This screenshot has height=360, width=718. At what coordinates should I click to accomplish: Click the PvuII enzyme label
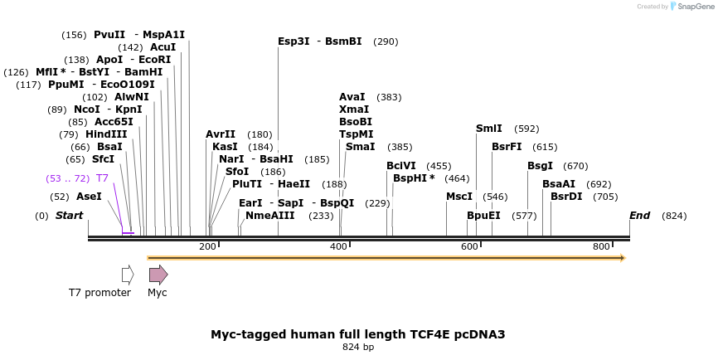(x=109, y=35)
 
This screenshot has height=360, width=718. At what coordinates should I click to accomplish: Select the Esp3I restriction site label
(x=294, y=41)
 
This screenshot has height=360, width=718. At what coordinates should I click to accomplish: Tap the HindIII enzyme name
(x=106, y=134)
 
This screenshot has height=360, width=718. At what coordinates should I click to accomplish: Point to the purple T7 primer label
(x=102, y=178)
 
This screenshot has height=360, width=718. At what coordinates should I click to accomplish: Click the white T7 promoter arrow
(x=128, y=275)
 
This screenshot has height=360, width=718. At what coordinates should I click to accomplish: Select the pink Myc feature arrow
(x=158, y=275)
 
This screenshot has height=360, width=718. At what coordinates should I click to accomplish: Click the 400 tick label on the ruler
(x=339, y=246)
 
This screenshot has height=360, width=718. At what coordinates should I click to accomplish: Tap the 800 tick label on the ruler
(x=601, y=246)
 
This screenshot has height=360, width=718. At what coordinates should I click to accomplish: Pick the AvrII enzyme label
(x=221, y=134)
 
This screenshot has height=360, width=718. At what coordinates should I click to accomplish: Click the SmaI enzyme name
(x=360, y=147)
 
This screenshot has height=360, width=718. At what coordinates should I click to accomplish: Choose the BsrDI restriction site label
(x=566, y=197)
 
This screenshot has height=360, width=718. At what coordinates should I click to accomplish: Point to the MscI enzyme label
(x=459, y=197)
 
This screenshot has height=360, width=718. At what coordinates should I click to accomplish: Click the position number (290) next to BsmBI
(x=386, y=41)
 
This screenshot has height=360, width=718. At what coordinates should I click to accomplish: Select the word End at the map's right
(x=639, y=216)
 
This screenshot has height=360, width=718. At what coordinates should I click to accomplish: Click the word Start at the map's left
(x=70, y=216)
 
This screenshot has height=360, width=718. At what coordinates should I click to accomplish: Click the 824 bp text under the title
(x=358, y=347)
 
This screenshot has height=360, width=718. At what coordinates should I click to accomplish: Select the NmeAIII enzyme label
(x=270, y=216)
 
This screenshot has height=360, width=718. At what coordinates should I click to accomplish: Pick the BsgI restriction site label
(x=540, y=166)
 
